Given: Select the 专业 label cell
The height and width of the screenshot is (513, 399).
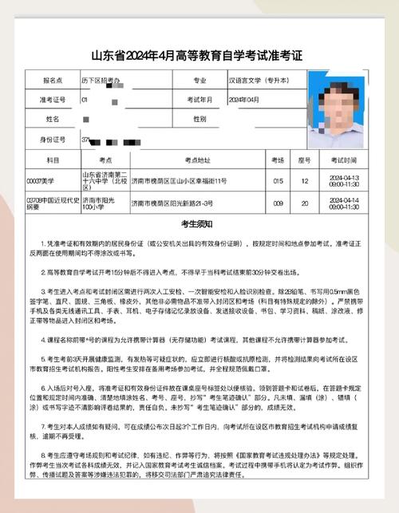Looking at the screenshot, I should tap(199, 81).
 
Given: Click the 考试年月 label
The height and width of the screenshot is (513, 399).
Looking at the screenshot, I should tap(199, 100).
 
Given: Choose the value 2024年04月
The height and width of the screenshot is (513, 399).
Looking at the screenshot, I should tap(244, 100).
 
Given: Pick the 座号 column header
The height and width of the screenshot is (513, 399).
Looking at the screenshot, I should tap(304, 160).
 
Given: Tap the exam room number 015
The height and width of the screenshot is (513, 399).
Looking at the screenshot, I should tap(279, 181).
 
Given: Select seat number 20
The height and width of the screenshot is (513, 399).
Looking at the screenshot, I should tap(304, 203).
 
